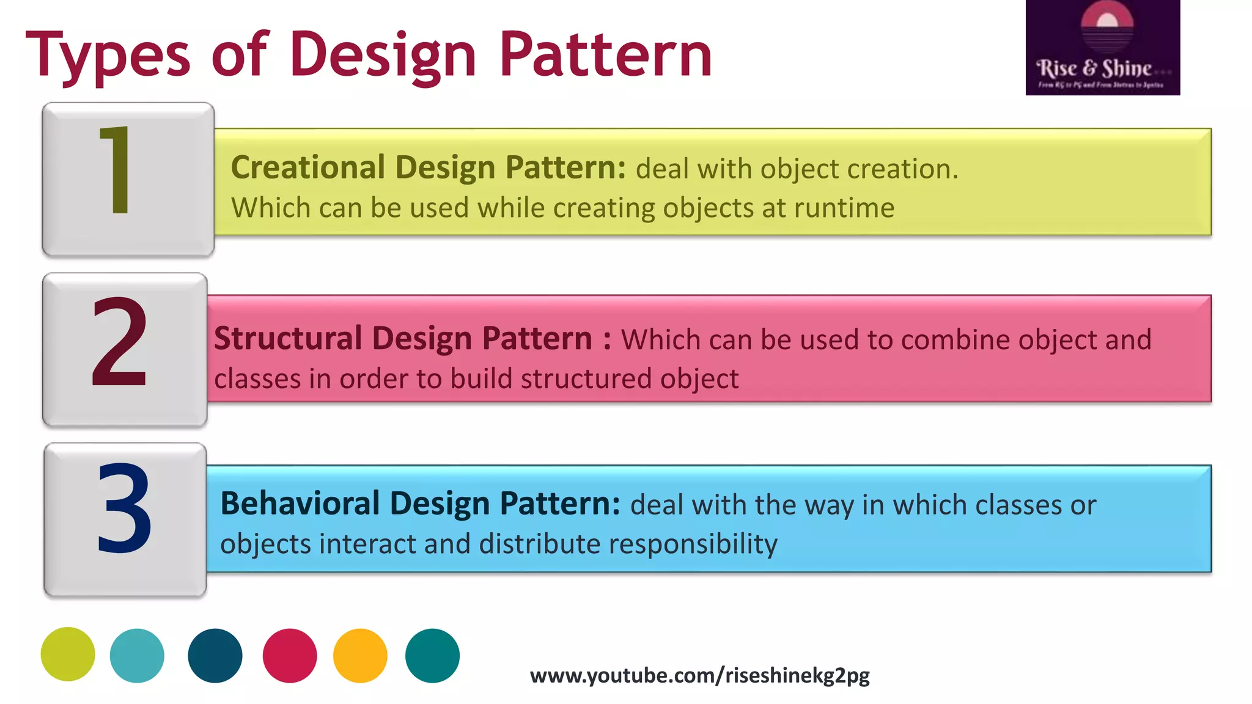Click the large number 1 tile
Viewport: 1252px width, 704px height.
(x=128, y=179)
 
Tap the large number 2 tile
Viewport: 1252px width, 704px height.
(x=125, y=349)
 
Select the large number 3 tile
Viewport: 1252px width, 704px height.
(x=125, y=519)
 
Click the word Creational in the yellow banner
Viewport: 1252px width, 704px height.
(x=307, y=167)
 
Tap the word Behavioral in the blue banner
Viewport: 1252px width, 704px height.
(x=300, y=504)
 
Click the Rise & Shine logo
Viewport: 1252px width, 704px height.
(x=1102, y=48)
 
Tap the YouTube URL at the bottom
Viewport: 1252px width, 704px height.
(x=699, y=675)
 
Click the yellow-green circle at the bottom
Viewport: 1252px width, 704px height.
(x=68, y=654)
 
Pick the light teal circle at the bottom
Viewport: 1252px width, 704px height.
(x=137, y=655)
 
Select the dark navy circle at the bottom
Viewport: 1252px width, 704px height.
(x=215, y=655)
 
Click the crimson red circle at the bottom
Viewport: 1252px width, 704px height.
(x=290, y=655)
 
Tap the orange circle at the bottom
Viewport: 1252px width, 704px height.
(x=360, y=655)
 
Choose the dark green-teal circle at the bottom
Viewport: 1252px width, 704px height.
(x=432, y=655)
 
